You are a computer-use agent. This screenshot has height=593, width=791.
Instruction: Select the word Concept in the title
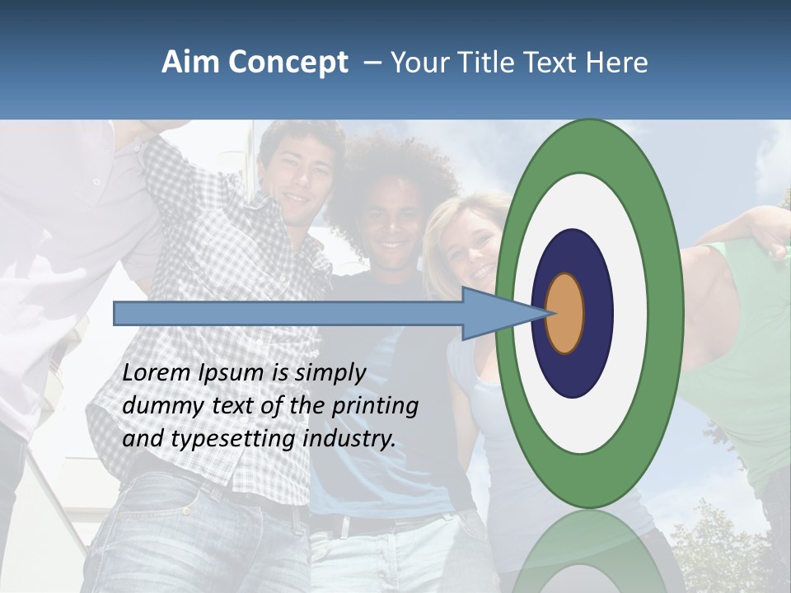coord(288,63)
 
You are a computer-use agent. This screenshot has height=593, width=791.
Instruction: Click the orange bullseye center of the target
coord(565,313)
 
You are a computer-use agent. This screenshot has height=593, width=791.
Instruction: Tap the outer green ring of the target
coord(667,313)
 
